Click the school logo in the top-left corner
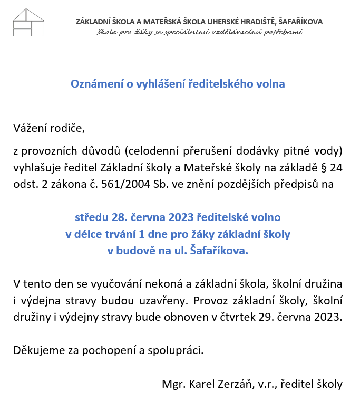tap(28, 23)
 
